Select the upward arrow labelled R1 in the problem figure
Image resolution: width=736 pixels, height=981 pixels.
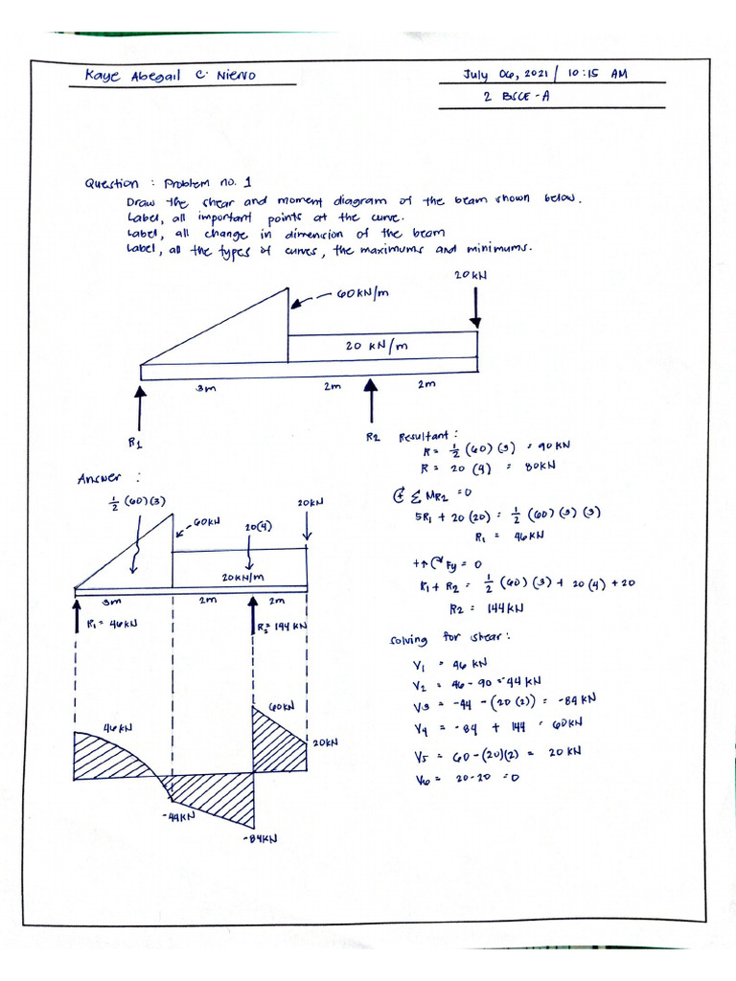coord(141,407)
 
